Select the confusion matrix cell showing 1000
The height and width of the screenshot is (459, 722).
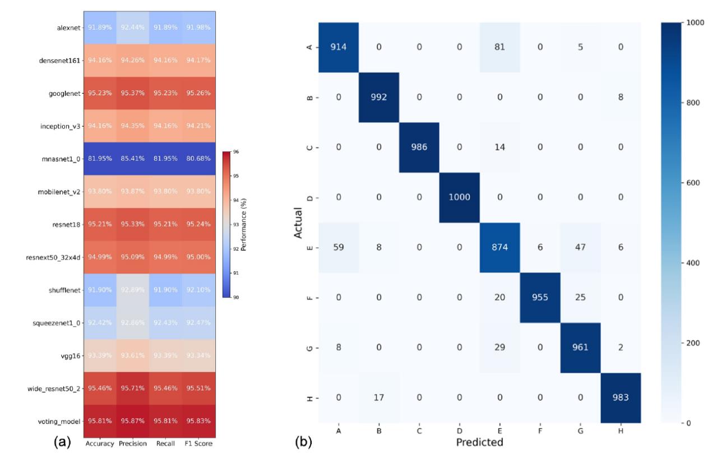pyautogui.click(x=460, y=198)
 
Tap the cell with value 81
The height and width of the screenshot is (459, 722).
pyautogui.click(x=500, y=48)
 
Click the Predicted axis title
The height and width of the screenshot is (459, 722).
pyautogui.click(x=479, y=442)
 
